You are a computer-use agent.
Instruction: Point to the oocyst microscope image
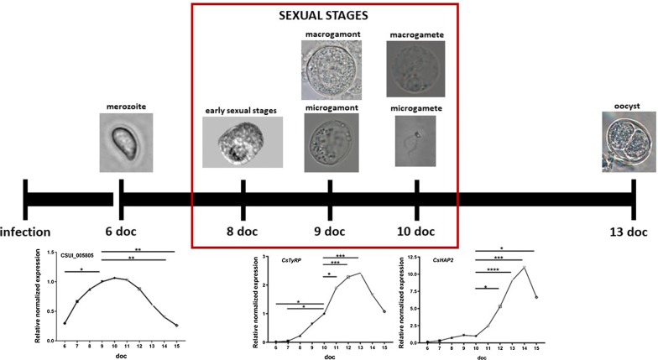[x=630, y=143]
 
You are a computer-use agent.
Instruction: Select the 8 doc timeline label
[x=243, y=207]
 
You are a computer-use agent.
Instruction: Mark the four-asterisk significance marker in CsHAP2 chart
[x=492, y=269]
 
